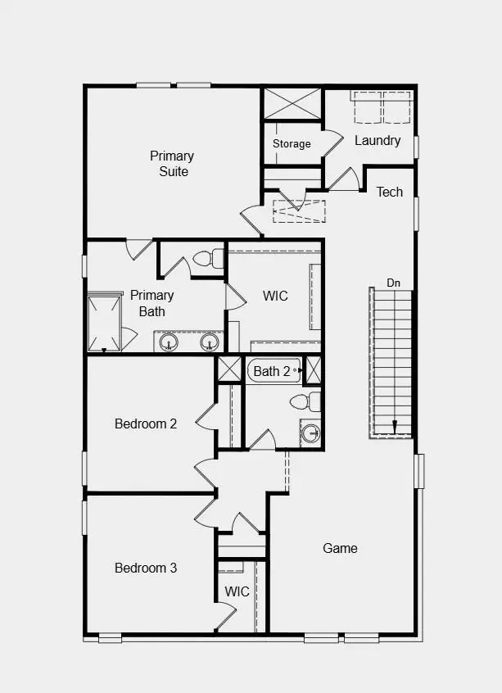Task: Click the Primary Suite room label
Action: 172,164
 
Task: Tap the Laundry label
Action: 378,141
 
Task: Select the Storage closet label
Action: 292,144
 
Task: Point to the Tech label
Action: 390,192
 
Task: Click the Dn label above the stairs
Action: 394,283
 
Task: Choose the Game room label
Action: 340,548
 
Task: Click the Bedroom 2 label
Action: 146,423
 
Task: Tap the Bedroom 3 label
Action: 146,568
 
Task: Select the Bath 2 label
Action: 272,371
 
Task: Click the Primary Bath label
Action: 152,303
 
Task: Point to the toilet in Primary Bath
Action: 211,259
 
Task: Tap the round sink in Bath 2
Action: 310,433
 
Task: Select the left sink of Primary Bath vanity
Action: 170,342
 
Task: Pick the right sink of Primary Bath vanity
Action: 210,342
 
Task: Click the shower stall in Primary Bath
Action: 105,322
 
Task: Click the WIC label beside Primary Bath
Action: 275,296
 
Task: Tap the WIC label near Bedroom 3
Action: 237,591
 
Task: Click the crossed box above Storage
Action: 292,103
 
